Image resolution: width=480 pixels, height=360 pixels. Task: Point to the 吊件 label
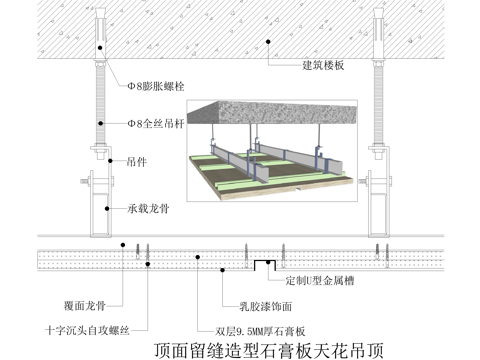point(137,158)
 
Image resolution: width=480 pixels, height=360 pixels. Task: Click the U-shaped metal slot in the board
point(263,264)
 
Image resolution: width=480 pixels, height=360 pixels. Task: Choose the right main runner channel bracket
point(382,205)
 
